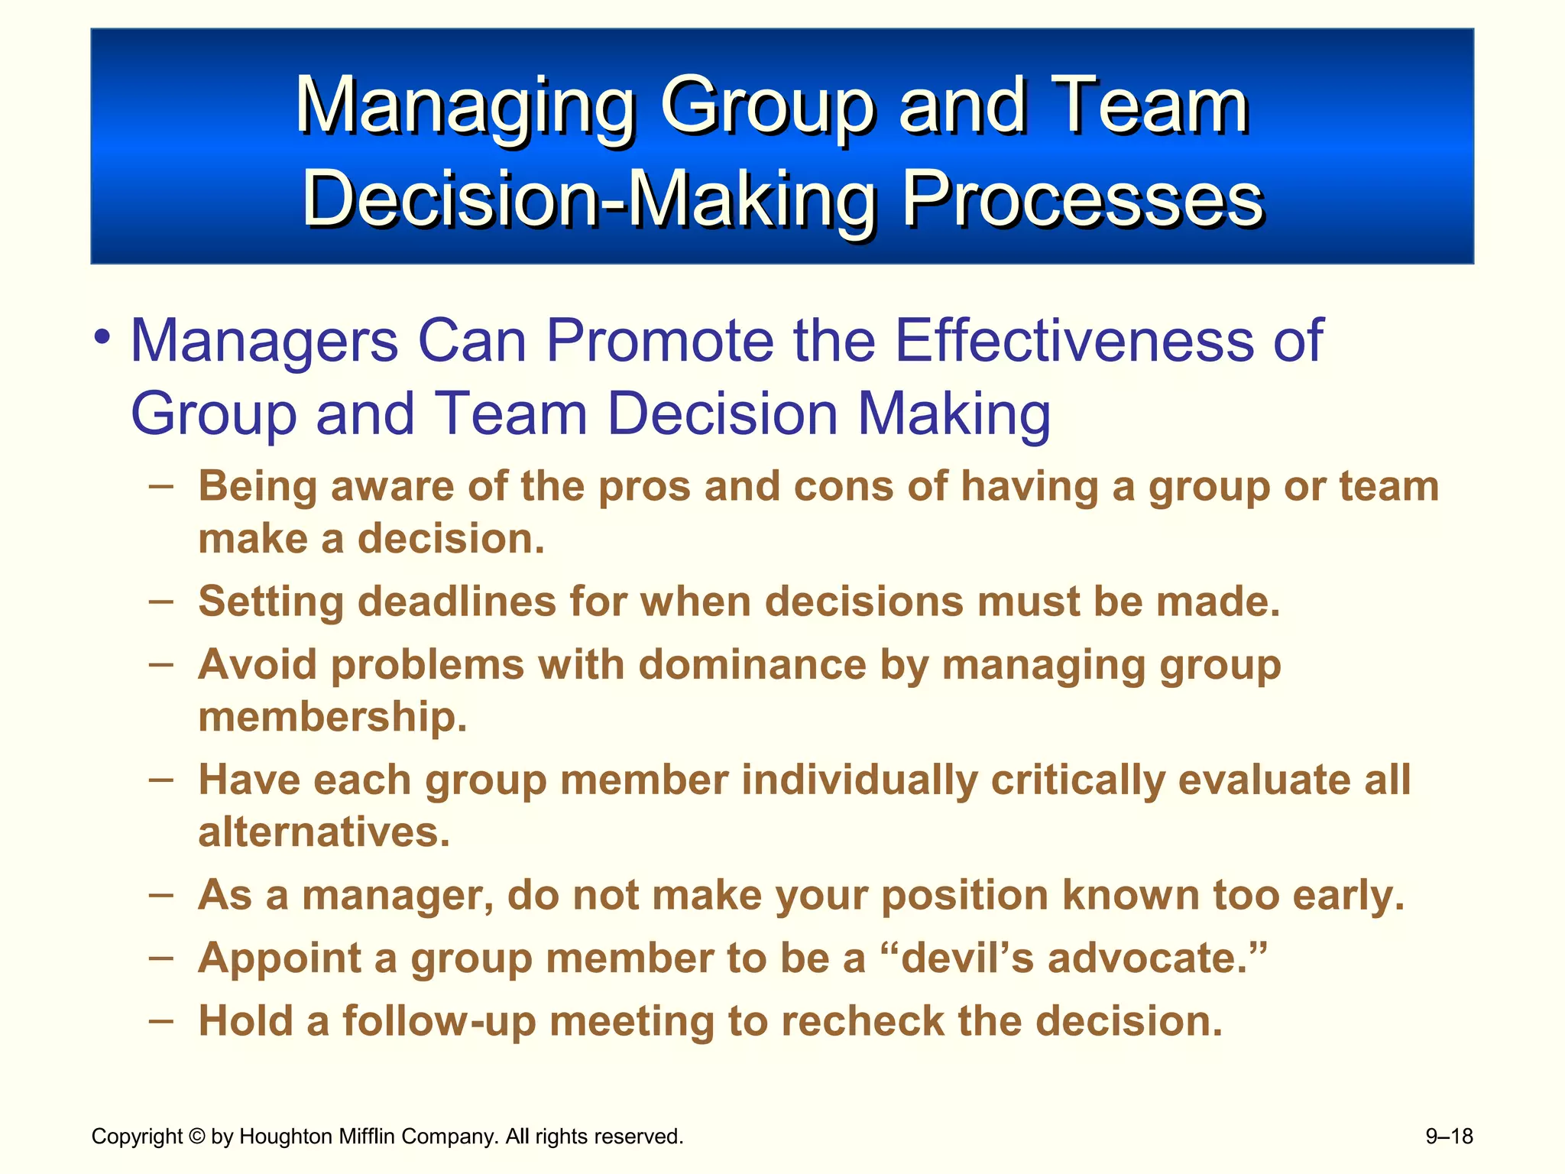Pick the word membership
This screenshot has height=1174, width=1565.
332,717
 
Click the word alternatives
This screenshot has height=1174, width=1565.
324,832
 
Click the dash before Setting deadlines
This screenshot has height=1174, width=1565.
161,601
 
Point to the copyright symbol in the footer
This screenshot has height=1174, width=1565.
197,1137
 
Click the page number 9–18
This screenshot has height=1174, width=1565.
1449,1137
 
